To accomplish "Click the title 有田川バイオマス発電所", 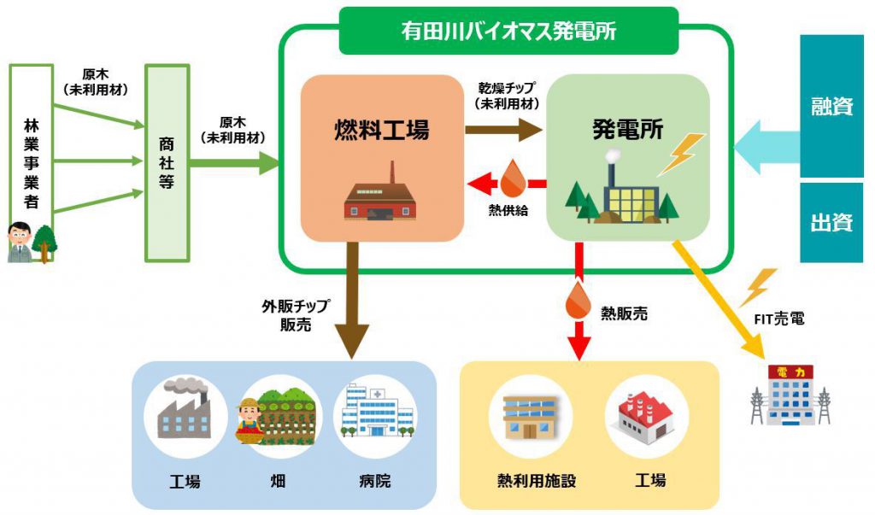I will point(509,31).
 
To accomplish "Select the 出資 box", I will point(831,223).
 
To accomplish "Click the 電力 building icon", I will point(790,395).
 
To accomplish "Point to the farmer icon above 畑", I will point(250,417).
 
